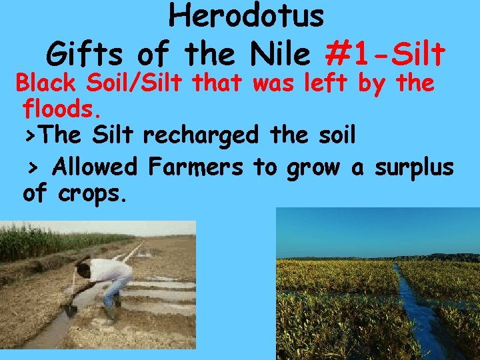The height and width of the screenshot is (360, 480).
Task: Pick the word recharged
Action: coord(201,137)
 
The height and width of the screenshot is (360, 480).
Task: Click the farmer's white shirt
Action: coord(110,270)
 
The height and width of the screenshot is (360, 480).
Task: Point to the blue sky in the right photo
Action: coord(373,230)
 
